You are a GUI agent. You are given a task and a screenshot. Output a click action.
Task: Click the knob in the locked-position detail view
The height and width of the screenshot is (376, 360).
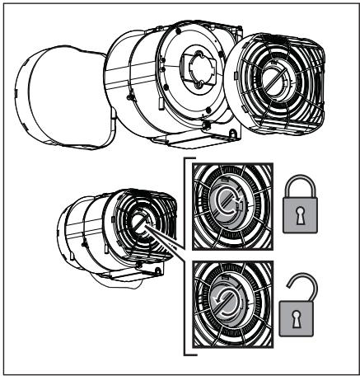tap(227, 206)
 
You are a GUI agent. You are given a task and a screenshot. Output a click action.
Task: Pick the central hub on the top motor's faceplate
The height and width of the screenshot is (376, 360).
tap(194, 68)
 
